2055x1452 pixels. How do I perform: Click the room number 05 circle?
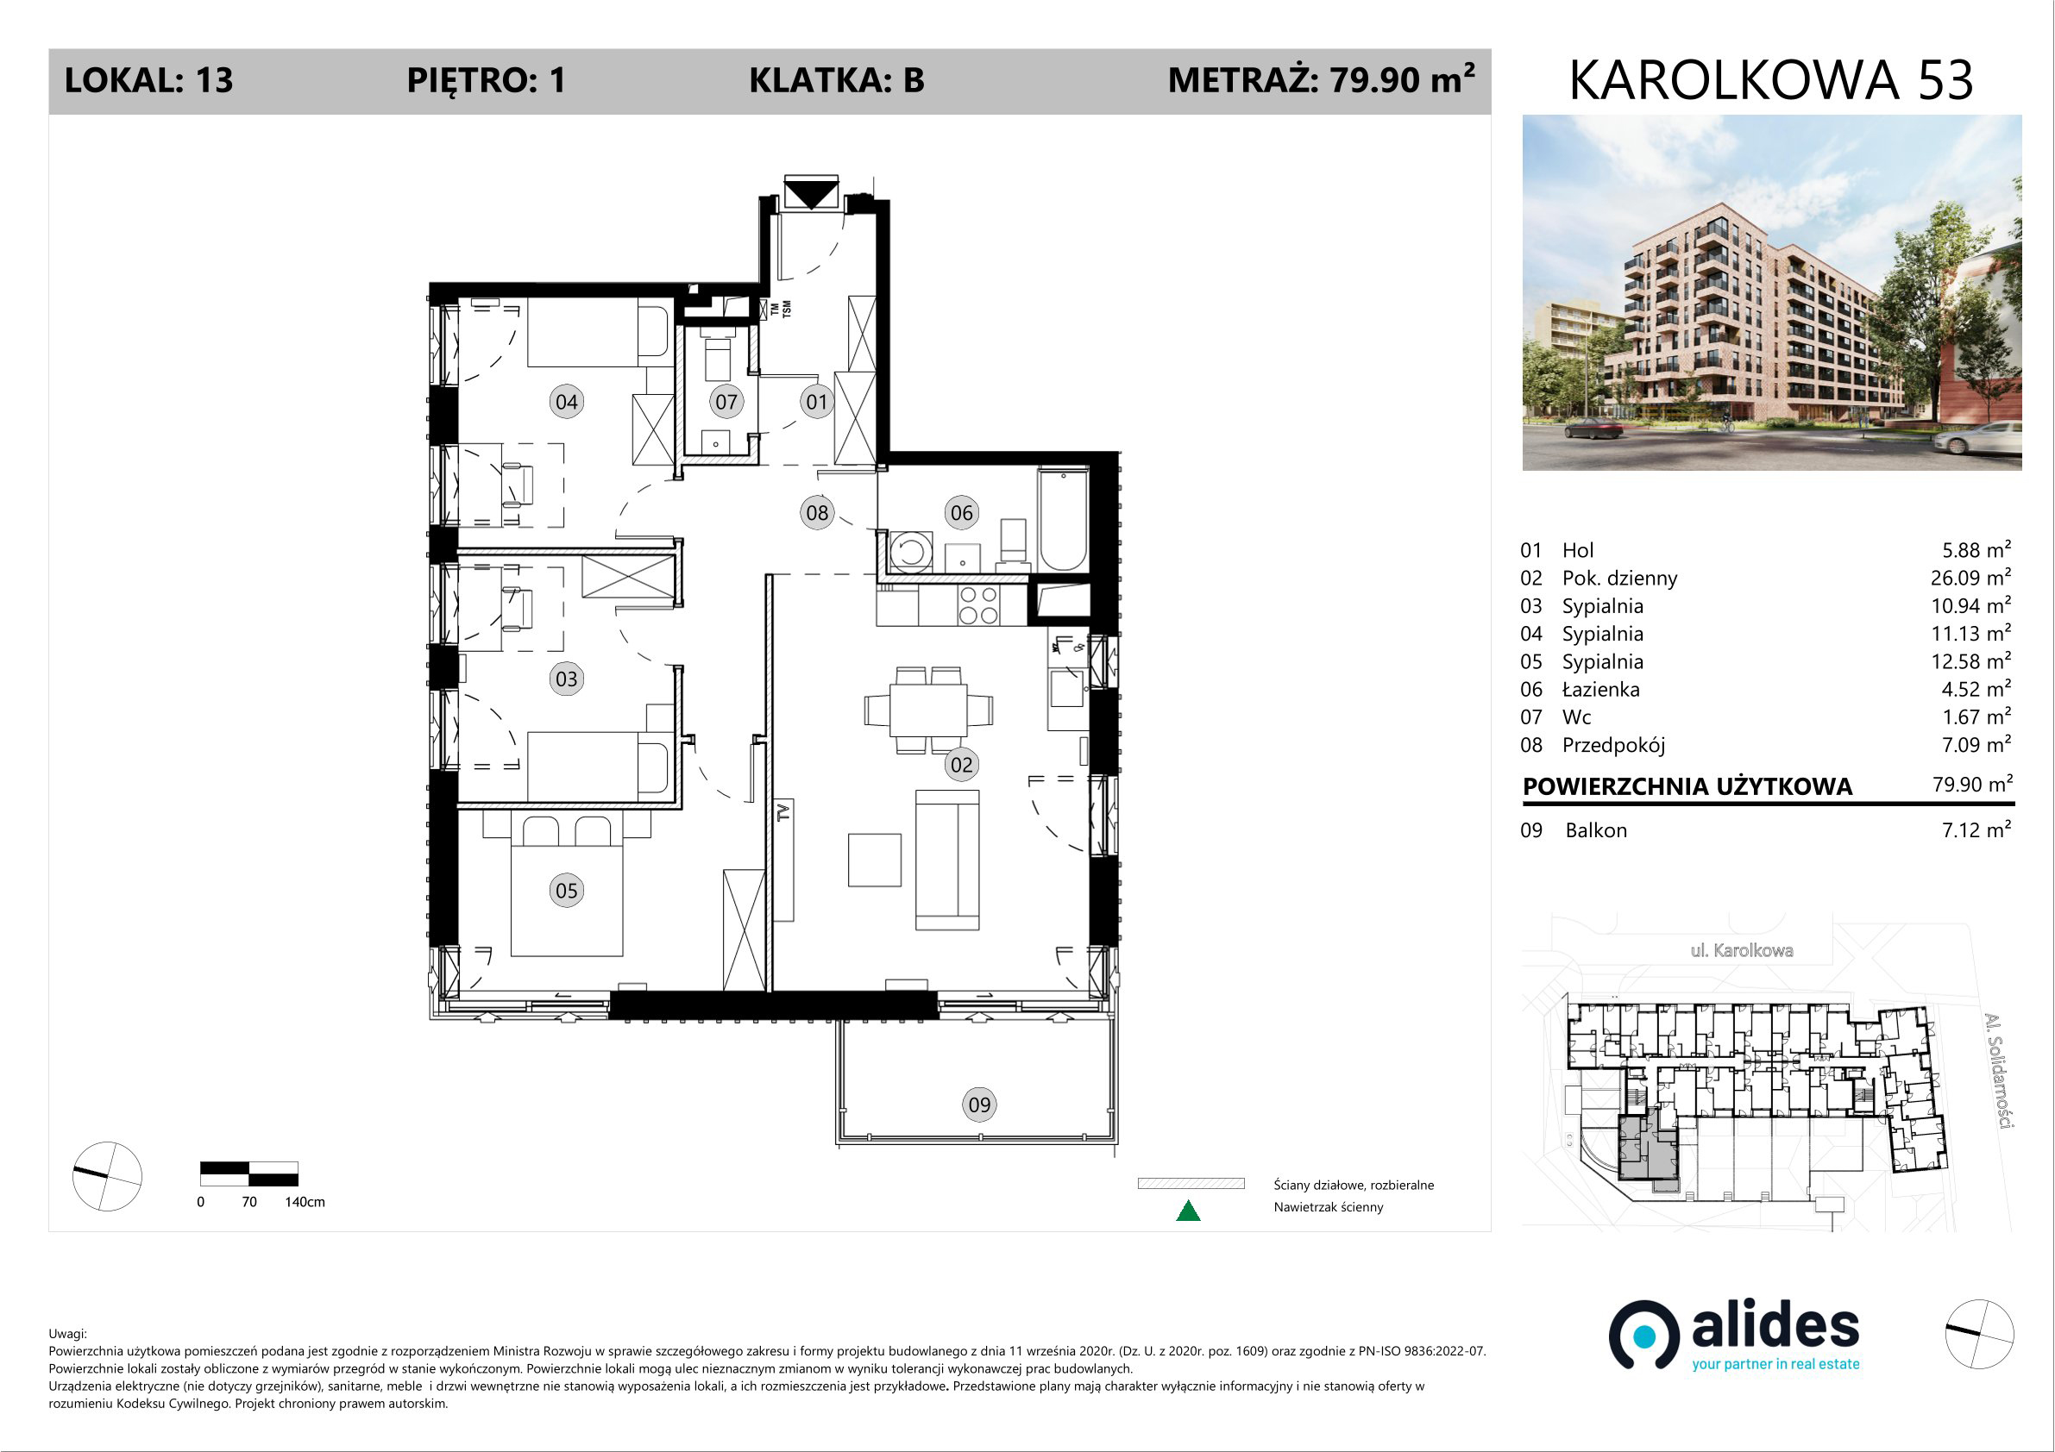567,890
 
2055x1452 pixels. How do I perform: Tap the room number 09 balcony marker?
979,1104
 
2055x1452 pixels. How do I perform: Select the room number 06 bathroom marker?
961,513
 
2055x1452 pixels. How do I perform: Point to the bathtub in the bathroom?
1063,520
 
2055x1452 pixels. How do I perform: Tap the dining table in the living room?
928,710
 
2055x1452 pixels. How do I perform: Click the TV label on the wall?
784,812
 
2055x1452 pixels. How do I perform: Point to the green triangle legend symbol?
1188,1211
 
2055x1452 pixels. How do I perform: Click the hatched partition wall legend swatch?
1191,1184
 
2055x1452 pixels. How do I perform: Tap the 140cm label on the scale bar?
305,1201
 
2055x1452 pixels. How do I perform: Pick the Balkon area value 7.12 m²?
1976,829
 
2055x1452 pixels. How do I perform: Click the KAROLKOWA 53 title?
1771,79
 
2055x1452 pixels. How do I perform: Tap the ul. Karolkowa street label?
1742,950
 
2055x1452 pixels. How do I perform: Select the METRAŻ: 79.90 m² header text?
1321,79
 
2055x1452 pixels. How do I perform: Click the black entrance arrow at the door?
811,193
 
